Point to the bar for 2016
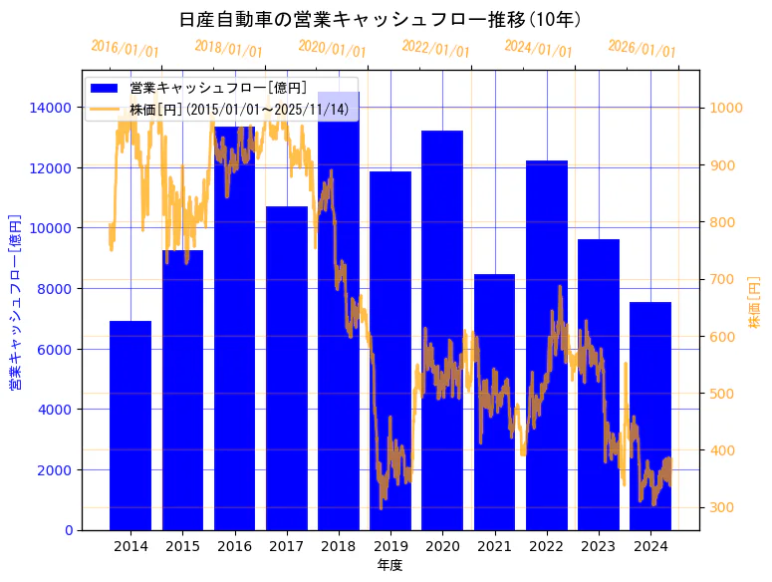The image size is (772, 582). click(234, 329)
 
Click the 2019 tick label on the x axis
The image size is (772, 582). click(390, 546)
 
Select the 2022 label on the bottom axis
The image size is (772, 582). click(546, 546)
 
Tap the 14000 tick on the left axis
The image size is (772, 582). click(49, 108)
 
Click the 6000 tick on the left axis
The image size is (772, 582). click(53, 349)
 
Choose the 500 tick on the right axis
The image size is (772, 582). click(720, 394)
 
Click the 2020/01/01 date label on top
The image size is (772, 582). click(333, 49)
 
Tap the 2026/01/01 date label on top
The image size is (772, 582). click(643, 49)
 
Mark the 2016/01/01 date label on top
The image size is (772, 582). click(125, 49)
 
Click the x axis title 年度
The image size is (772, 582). click(389, 565)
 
